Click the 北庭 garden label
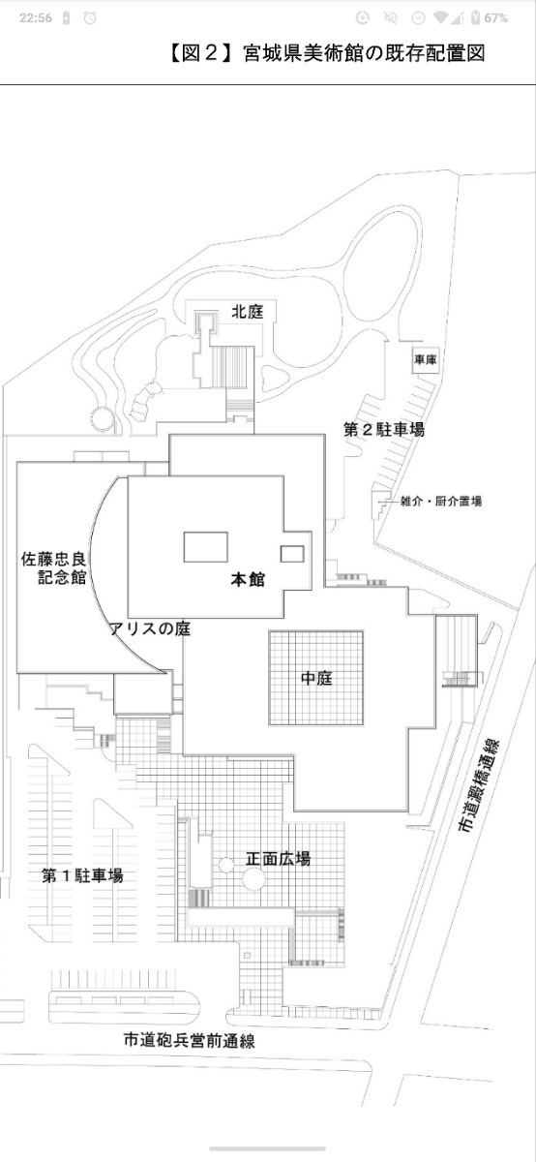point(248,312)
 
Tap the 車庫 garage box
point(426,359)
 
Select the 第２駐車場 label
point(383,430)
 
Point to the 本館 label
point(248,579)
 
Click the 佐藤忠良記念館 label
point(53,568)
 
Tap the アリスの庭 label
point(150,628)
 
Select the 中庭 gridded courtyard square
point(315,678)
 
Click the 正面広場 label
point(278,859)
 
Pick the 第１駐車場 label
point(82,876)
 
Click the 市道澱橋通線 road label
point(480,786)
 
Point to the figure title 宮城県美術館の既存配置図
point(364,53)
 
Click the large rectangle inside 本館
point(206,547)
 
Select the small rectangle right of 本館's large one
point(292,554)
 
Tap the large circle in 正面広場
point(254,879)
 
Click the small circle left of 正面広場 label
point(226,865)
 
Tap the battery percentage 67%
point(495,18)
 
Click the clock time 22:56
point(36,18)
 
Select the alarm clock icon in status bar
point(90,18)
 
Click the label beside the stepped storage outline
point(440,502)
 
